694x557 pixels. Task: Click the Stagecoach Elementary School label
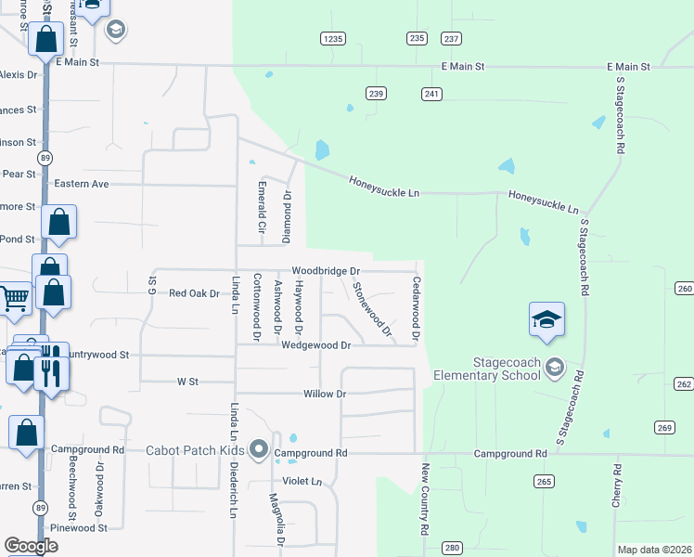487,369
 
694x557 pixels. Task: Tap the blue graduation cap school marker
546,321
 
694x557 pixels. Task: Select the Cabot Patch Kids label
195,451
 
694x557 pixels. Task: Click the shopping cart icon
14,299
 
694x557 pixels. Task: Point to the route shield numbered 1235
333,38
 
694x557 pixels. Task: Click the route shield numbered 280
452,549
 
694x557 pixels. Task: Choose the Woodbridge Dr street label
325,271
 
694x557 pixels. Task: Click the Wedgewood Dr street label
315,345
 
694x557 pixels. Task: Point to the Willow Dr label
325,395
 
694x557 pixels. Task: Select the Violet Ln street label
302,482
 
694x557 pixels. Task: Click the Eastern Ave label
82,184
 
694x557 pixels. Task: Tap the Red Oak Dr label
194,293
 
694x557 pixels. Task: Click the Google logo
31,546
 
